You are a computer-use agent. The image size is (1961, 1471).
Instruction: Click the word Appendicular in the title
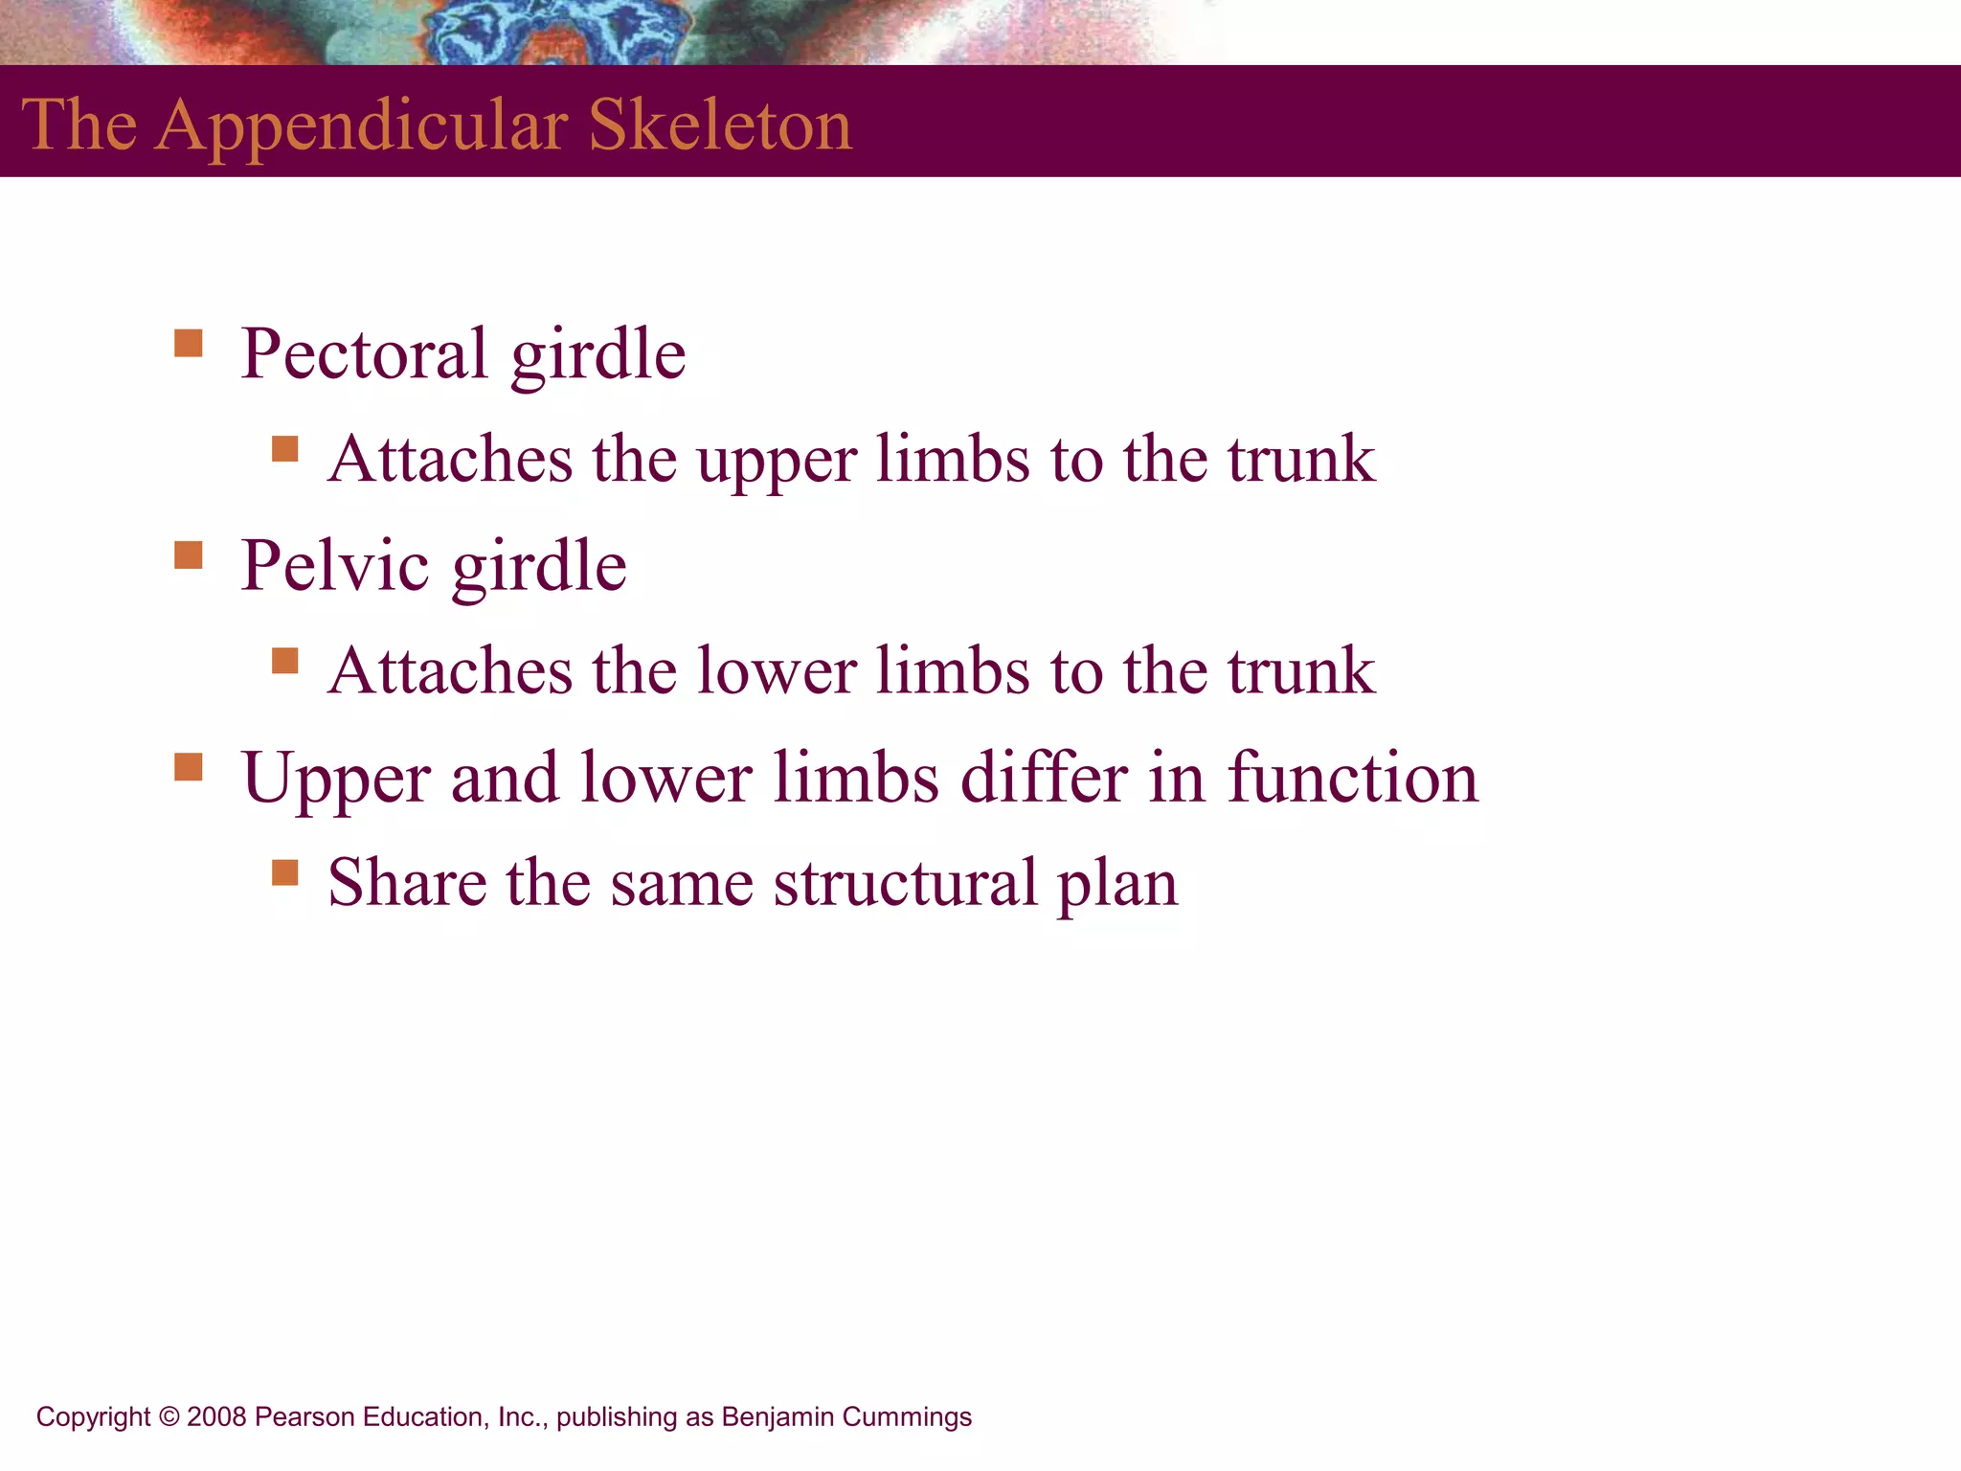pos(362,126)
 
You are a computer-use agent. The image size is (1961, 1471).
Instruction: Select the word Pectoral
pos(364,353)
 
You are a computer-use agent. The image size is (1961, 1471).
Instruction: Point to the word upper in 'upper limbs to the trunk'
pos(776,462)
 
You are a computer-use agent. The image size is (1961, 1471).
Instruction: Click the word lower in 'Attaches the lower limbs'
pos(776,670)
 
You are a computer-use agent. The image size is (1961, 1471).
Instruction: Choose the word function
pos(1352,778)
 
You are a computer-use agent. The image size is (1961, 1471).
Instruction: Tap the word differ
pos(1044,778)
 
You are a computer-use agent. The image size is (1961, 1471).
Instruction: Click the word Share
pos(407,882)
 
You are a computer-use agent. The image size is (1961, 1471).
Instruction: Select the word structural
pos(906,882)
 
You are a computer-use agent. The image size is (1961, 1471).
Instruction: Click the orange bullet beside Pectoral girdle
pos(189,343)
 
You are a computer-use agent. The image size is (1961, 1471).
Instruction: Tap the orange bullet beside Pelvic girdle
pos(189,554)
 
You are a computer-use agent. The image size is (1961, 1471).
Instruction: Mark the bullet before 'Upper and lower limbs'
pos(189,766)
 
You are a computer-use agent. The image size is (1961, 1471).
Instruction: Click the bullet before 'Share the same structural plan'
pos(284,871)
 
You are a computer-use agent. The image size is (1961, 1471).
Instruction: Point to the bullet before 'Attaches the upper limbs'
pos(284,448)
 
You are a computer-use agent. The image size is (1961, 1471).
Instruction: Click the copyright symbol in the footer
pos(169,1416)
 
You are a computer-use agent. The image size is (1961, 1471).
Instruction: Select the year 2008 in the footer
pos(217,1416)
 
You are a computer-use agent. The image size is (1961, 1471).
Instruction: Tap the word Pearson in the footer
pos(298,1416)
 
